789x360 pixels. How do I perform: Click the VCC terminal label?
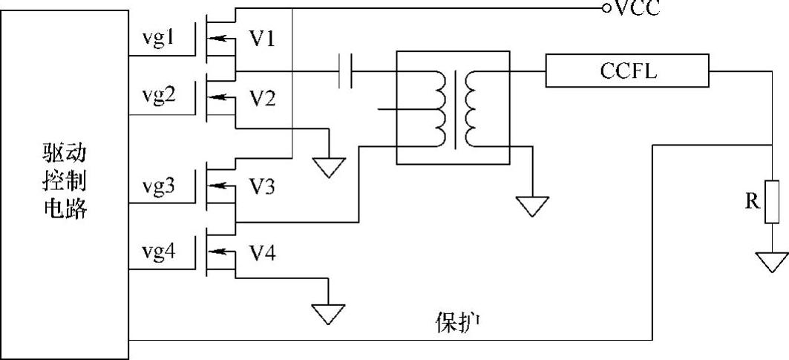pos(635,8)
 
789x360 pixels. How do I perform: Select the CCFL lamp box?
pos(627,71)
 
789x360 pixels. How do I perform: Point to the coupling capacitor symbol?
pos(345,71)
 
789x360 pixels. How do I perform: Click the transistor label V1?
pos(262,39)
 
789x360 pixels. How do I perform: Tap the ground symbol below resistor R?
pos(771,261)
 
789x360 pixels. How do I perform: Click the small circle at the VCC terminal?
pos(606,8)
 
